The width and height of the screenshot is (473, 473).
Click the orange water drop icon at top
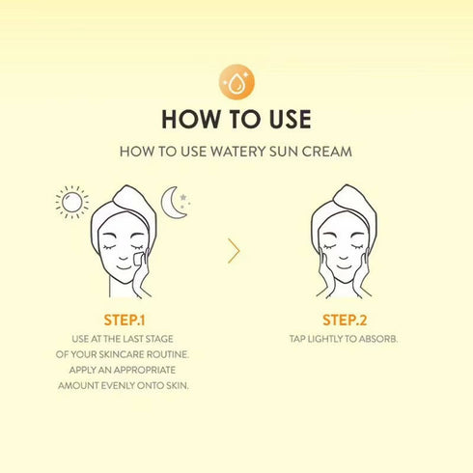point(236,83)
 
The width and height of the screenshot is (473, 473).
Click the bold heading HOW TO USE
point(236,120)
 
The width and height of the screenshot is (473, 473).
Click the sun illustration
point(70,202)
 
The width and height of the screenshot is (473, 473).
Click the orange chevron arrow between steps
point(234,251)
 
